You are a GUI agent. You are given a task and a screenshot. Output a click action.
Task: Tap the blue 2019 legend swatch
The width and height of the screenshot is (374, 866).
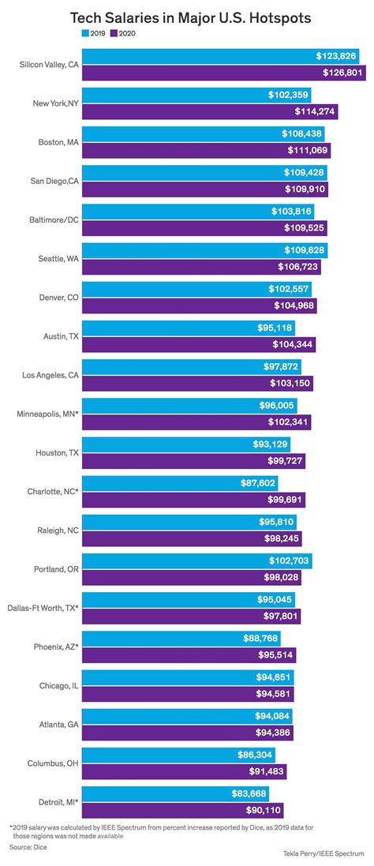(85, 34)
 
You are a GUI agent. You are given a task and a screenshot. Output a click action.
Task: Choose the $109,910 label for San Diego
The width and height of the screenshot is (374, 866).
(305, 189)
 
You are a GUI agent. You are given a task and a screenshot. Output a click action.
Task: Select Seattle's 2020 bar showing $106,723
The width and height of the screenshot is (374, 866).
(202, 267)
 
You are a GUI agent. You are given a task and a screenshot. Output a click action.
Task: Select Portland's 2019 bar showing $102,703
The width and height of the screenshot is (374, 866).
(197, 560)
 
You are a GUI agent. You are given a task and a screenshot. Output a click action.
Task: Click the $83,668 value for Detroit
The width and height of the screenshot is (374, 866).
(252, 793)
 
